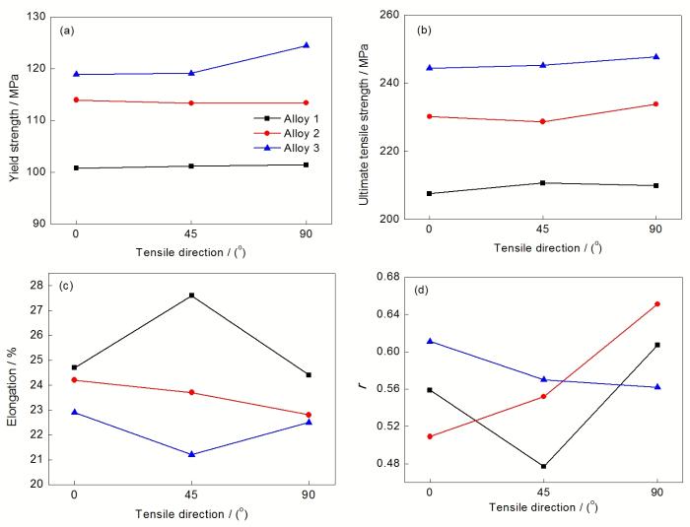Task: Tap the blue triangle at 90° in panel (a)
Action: pos(307,45)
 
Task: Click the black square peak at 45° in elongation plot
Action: pos(191,296)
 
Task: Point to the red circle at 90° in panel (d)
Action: pos(657,304)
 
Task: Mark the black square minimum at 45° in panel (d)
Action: pos(543,466)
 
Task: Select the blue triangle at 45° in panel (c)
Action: pos(191,454)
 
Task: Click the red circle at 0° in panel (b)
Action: pos(429,116)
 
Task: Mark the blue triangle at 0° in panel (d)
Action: pos(429,341)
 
